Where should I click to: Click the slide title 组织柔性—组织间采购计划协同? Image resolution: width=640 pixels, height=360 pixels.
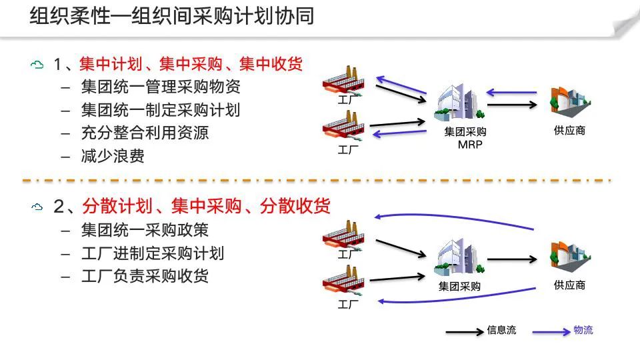(171, 17)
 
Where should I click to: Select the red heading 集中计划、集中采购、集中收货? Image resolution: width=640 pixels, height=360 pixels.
(190, 64)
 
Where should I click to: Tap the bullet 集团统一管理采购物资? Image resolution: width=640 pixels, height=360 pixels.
(160, 87)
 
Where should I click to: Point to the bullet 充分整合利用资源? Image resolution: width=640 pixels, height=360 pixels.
(145, 132)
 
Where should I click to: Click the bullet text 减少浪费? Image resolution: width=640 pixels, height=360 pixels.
(113, 155)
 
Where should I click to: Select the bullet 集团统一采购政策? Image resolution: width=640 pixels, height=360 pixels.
(145, 230)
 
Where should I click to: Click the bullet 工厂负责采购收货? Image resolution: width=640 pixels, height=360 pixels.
(145, 275)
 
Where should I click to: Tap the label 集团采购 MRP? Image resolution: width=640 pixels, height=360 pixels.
(465, 138)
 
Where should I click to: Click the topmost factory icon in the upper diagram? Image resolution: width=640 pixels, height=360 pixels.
(345, 83)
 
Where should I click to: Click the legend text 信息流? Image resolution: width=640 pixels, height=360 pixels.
(501, 330)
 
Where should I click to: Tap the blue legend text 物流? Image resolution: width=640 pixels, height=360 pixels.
(583, 330)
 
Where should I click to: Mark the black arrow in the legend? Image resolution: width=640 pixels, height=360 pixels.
(464, 331)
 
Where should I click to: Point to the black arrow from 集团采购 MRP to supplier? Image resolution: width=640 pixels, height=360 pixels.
(513, 105)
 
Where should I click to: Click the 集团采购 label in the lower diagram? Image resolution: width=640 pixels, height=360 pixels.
(459, 287)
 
